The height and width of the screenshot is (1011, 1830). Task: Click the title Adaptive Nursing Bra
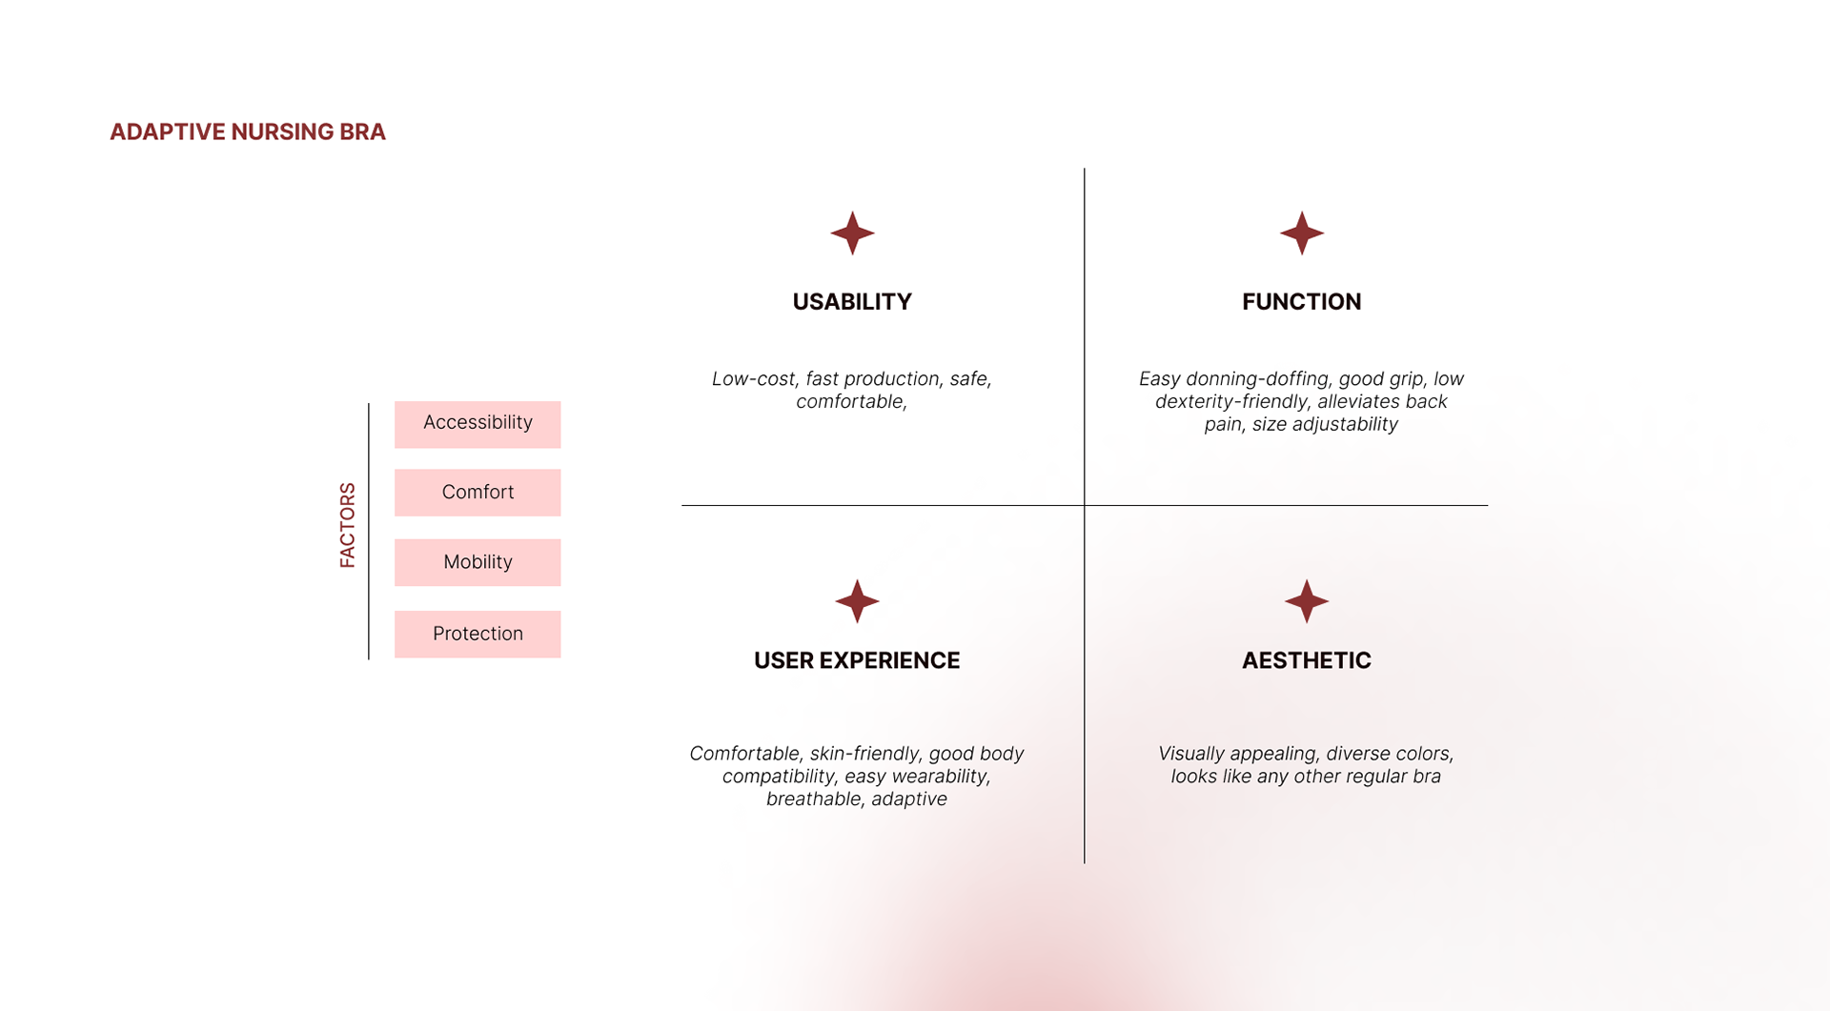(x=248, y=131)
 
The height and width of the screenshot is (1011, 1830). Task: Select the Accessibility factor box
(x=478, y=424)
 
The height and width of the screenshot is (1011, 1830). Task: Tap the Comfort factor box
(x=478, y=493)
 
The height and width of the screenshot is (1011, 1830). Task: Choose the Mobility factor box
(x=478, y=562)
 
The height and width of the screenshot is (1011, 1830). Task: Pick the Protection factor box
(x=478, y=634)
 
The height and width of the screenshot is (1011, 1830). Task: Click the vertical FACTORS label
(x=348, y=525)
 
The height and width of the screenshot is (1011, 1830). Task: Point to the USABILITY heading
(x=852, y=302)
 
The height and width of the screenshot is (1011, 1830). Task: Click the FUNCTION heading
(x=1301, y=302)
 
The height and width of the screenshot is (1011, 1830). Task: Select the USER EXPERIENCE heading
(x=857, y=660)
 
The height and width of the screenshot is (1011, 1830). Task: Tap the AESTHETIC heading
(x=1306, y=660)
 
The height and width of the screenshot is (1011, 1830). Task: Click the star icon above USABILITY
(x=852, y=233)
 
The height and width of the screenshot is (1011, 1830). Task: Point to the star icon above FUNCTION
(x=1302, y=233)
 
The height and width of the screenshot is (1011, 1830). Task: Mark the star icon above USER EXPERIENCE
(x=857, y=601)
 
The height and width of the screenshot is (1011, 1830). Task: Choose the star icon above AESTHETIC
(x=1307, y=601)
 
